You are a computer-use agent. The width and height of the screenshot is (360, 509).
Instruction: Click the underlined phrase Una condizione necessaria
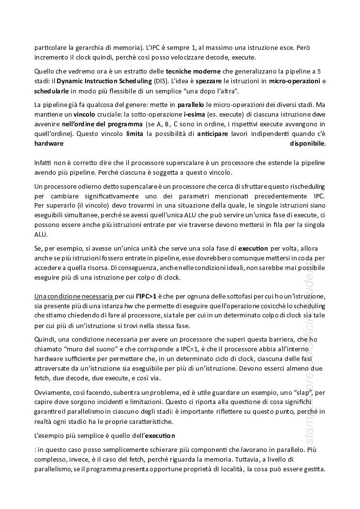point(74,296)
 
